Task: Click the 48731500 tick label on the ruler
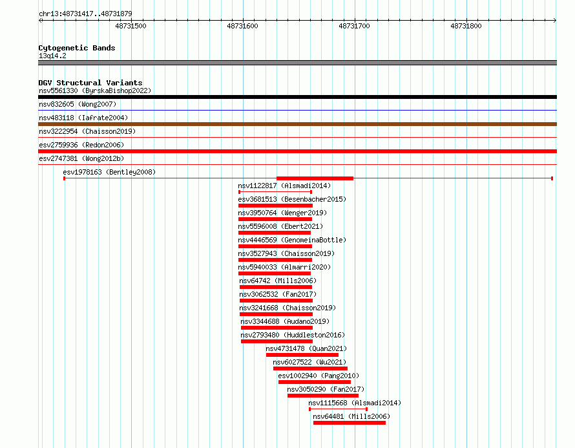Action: click(131, 26)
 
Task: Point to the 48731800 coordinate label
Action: click(466, 26)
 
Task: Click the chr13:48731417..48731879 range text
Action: click(85, 14)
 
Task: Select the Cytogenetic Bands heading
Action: click(77, 48)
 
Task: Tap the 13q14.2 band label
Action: click(52, 56)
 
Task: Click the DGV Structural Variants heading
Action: click(90, 83)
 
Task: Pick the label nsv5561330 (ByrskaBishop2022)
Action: click(95, 91)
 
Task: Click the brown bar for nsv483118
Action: click(297, 124)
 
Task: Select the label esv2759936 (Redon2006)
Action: click(81, 145)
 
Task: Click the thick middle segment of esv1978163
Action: click(315, 178)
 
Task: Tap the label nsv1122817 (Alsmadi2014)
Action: click(284, 186)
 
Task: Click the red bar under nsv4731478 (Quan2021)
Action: click(302, 355)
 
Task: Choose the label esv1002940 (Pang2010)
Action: click(319, 376)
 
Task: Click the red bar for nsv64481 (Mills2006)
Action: click(350, 423)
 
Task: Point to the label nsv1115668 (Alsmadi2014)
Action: click(355, 403)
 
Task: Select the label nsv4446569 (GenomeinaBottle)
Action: click(292, 240)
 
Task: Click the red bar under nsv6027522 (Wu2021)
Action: click(310, 368)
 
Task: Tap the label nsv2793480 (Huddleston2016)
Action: click(293, 335)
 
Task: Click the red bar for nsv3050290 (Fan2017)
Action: click(323, 396)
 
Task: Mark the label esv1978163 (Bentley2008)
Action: click(109, 172)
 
